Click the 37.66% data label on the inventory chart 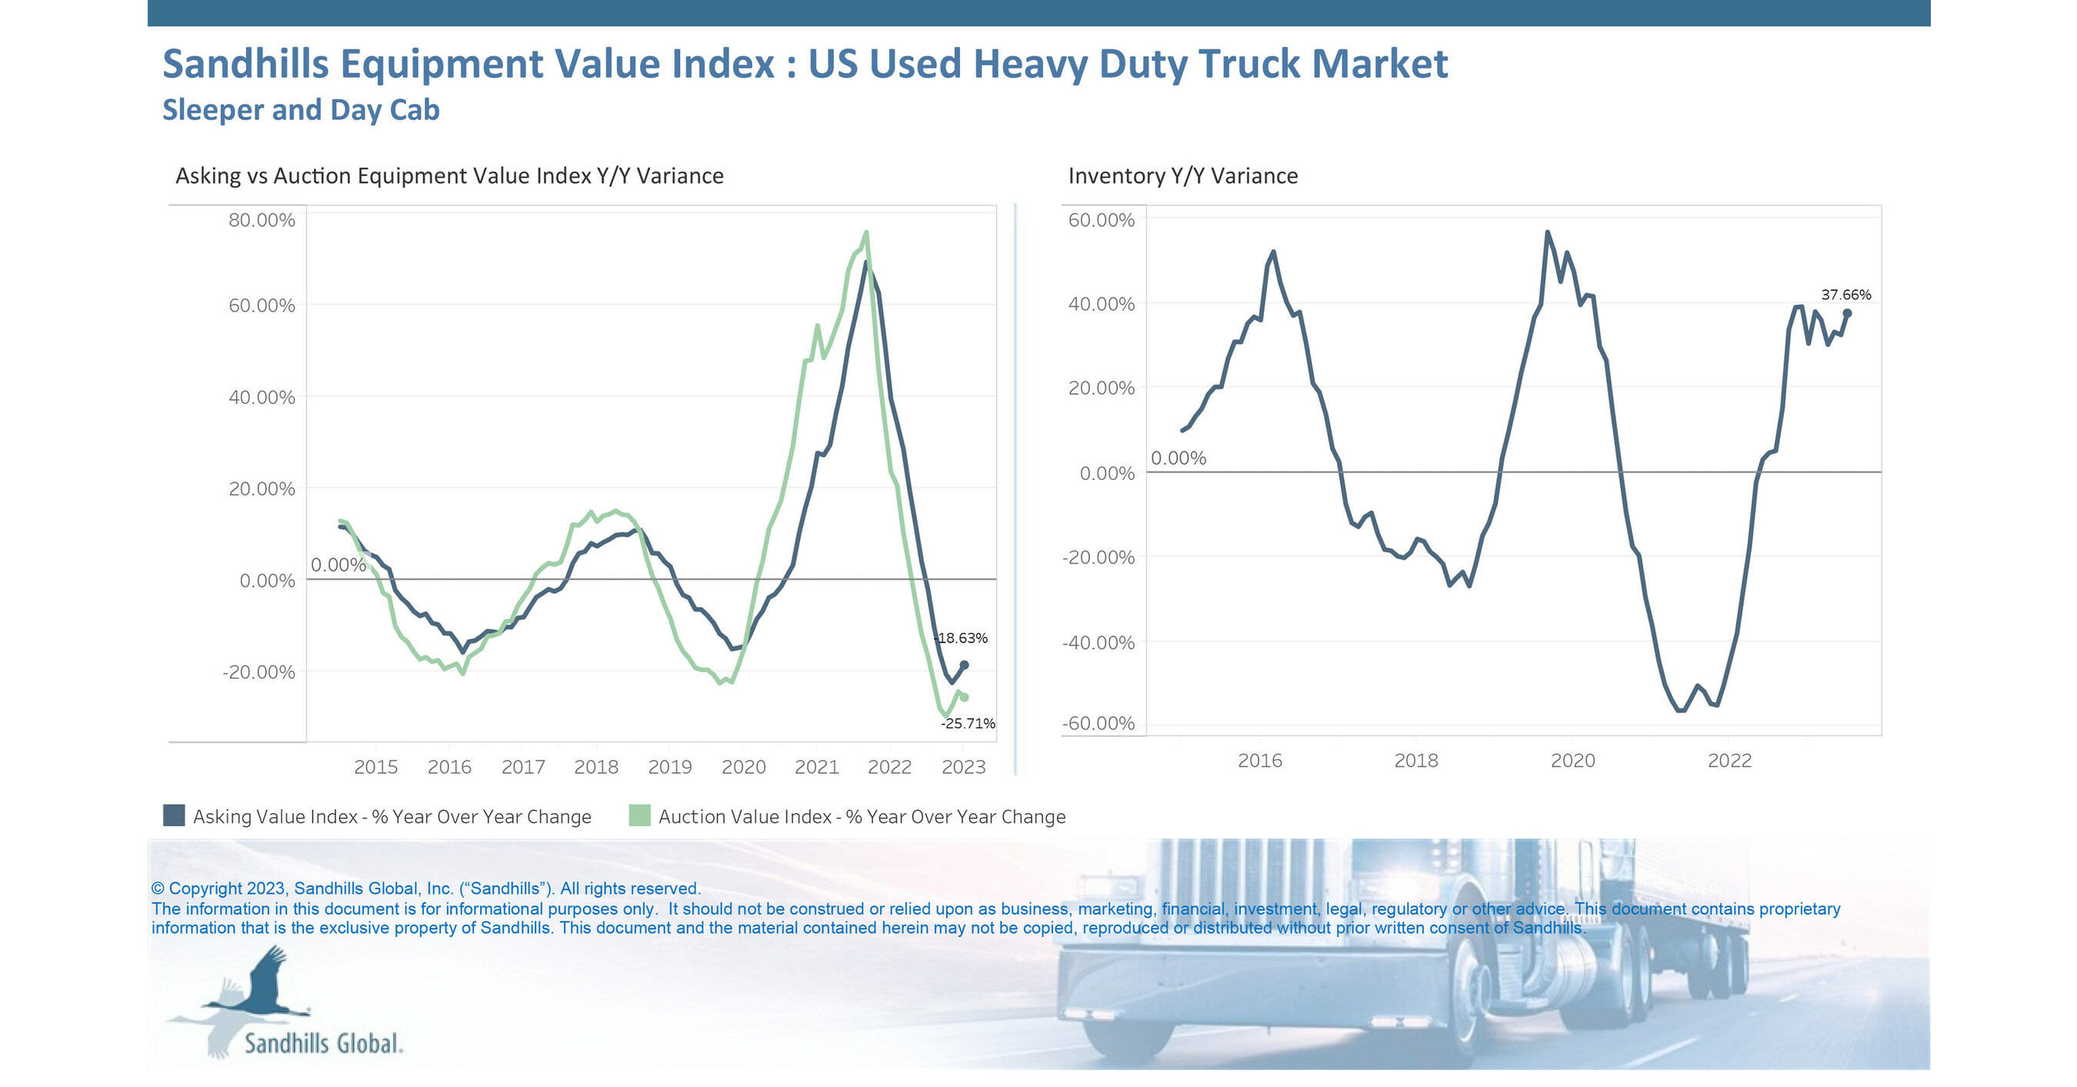1845,295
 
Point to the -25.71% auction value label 968,723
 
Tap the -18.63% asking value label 961,638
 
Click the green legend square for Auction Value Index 639,815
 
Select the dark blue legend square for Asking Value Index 174,815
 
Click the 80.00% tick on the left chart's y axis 262,220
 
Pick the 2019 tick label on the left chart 670,767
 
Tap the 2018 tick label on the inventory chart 1416,760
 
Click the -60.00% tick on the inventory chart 1099,723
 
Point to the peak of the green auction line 866,233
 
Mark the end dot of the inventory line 1847,314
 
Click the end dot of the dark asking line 965,665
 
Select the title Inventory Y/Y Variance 1183,176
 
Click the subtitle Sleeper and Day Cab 301,110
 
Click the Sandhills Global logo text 323,1043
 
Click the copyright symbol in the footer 158,889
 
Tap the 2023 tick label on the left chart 964,767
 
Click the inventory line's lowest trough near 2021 1681,710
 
